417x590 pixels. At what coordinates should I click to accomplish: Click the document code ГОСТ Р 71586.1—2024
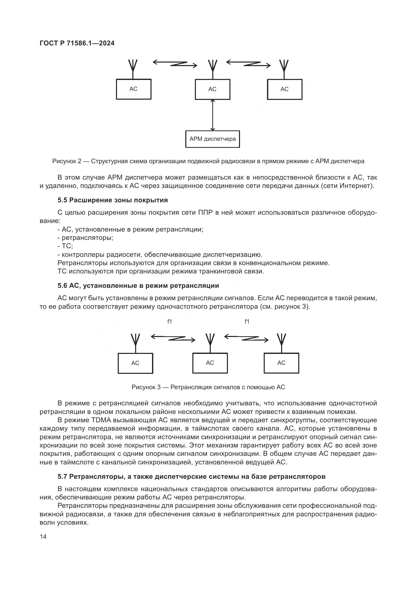point(77,43)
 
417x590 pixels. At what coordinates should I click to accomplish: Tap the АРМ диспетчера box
point(212,139)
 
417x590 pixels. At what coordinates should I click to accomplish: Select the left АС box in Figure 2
point(134,89)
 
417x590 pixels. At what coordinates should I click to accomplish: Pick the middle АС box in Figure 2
point(212,89)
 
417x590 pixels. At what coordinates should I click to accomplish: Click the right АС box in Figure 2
point(284,89)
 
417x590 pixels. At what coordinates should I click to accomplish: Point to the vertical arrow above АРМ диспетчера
point(212,115)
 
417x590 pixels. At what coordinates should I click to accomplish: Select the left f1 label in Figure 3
point(169,321)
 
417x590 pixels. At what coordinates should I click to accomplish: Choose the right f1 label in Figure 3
point(247,321)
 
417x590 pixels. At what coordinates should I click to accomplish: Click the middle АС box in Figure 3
point(210,363)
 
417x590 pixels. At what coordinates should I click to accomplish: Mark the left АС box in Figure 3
point(135,363)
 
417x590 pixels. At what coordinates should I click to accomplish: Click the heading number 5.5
point(62,200)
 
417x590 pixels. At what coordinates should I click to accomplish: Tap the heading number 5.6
point(62,286)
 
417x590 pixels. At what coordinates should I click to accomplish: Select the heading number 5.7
point(62,476)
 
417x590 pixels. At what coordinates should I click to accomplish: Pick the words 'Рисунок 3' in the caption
point(146,387)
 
